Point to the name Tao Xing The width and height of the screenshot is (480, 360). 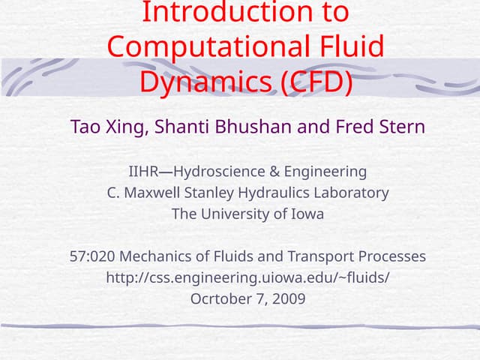pos(110,126)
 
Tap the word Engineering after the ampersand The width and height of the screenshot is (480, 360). pos(322,172)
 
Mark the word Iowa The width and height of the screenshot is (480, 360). pos(305,214)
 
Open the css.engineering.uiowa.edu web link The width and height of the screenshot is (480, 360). pos(247,277)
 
